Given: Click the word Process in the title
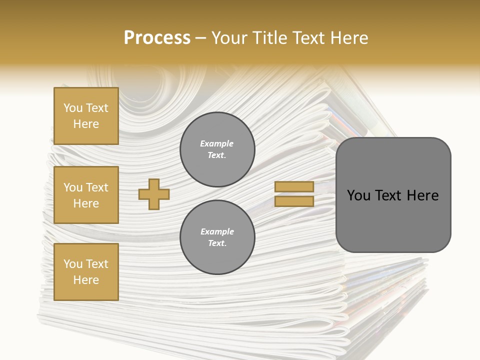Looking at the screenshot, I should (157, 38).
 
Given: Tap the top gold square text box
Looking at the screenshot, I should (86, 116).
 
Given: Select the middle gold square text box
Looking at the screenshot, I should (86, 195).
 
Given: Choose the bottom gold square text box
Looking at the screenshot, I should (86, 272).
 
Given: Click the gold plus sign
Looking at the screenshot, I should (154, 194).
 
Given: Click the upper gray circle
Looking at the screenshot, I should (217, 149).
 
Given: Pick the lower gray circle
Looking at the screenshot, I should (217, 237).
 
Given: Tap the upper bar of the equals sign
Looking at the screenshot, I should (294, 187).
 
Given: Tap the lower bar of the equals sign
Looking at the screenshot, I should (294, 201).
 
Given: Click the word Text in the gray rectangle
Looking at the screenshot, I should (391, 195).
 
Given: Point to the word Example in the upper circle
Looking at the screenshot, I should (217, 144).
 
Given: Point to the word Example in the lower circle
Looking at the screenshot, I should (217, 232).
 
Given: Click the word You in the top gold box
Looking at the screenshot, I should (73, 108).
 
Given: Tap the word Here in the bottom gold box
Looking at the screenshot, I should (86, 280).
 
